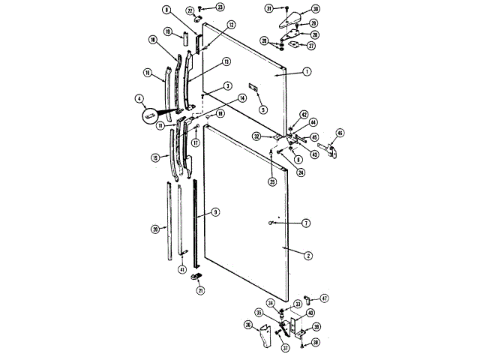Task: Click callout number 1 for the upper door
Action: point(307,73)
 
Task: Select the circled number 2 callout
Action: point(307,255)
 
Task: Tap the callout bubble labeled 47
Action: point(325,298)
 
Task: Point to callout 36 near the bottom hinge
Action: point(247,325)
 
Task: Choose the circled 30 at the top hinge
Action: point(316,9)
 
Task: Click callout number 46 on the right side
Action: point(340,133)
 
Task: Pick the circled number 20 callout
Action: point(155,229)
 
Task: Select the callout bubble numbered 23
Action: point(220,7)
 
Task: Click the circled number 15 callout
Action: point(155,158)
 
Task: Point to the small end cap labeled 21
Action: point(198,278)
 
